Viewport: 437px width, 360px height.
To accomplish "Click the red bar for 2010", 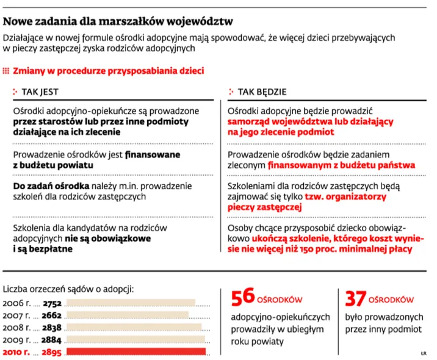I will click(x=135, y=352).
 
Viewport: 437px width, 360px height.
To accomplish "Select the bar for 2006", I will click(x=130, y=303).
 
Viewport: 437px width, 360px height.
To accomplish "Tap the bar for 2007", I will click(x=127, y=315).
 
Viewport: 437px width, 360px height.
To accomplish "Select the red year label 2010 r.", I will click(x=18, y=352).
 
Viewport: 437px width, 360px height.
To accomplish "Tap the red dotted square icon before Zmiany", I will click(x=7, y=71).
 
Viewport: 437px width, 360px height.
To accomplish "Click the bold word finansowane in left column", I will click(x=153, y=154).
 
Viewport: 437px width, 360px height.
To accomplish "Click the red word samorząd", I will click(x=250, y=121).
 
